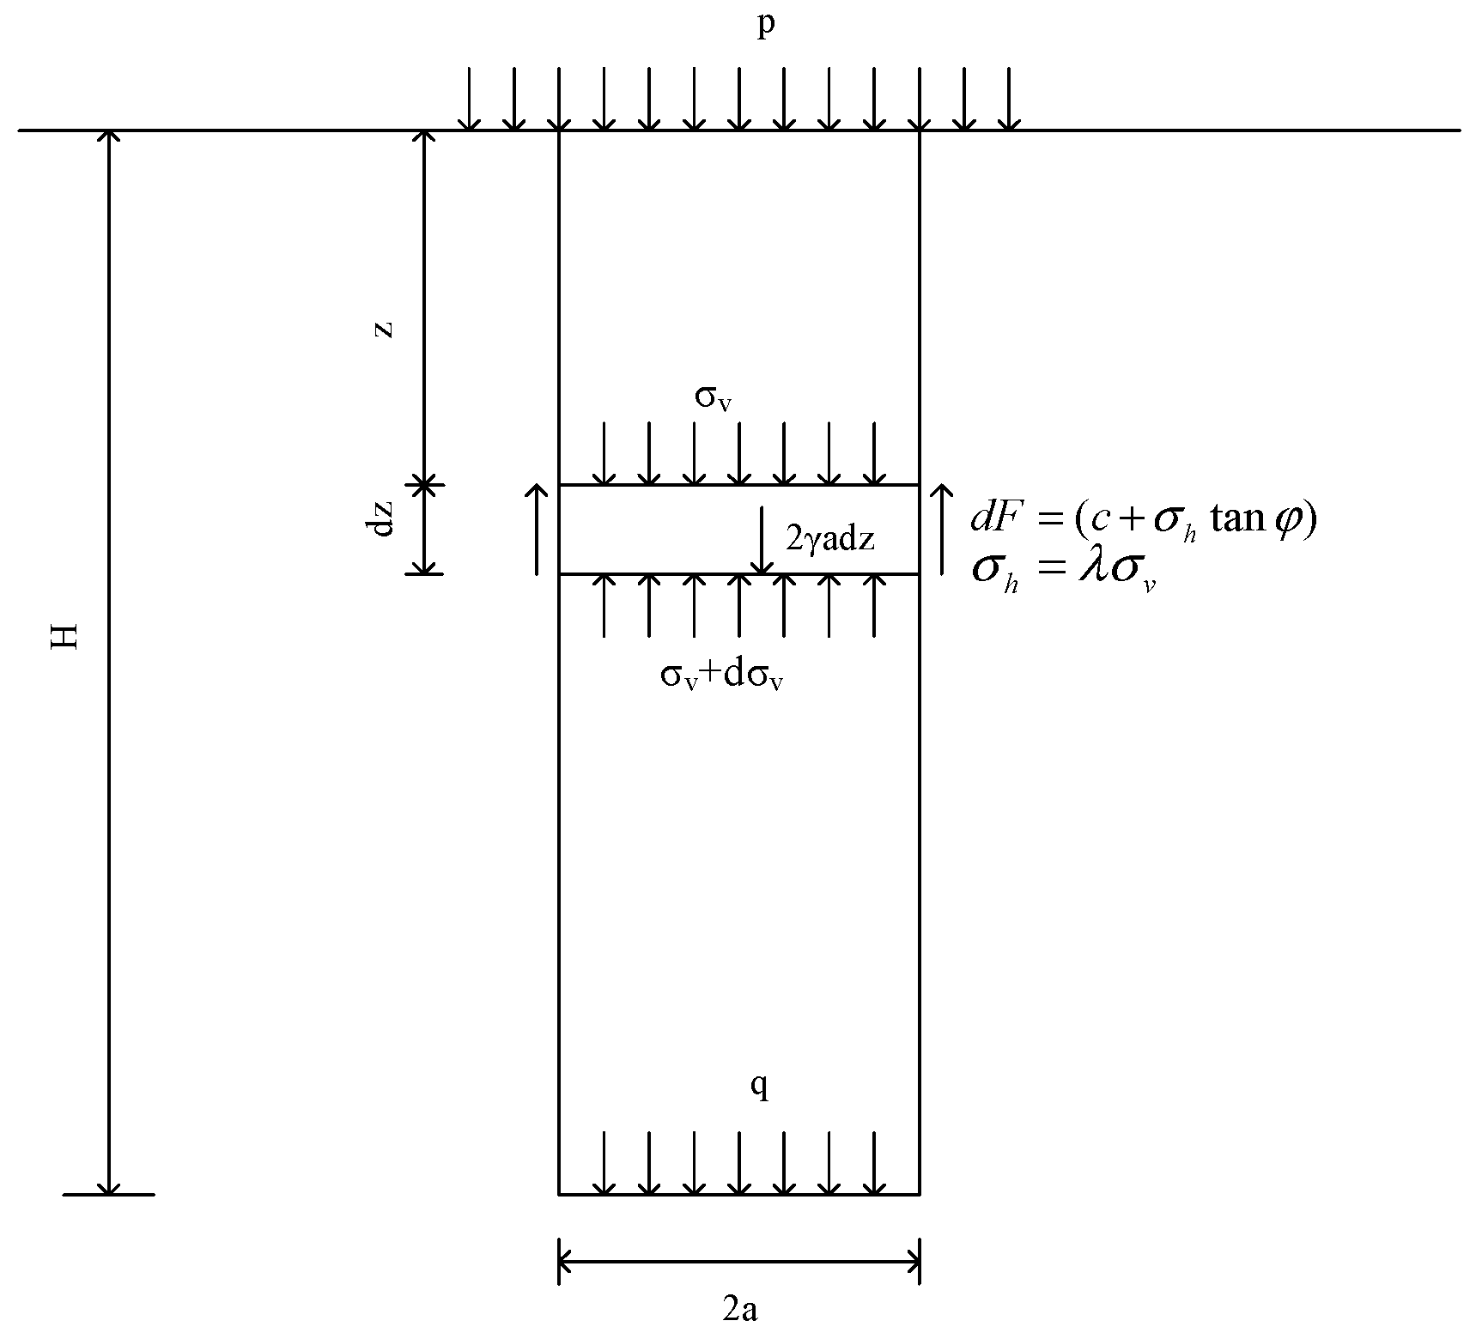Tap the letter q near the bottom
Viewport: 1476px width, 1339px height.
pos(760,1087)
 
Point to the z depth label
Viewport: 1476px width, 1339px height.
pos(386,328)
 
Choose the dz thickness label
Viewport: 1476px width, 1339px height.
pos(384,518)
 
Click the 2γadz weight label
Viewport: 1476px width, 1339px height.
pos(829,540)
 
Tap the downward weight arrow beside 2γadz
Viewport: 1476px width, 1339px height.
pos(762,541)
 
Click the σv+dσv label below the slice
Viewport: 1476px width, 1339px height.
pos(721,676)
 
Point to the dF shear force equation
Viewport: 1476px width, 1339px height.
pos(1143,519)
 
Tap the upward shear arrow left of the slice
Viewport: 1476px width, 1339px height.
pos(537,529)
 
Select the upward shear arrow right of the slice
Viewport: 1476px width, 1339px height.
pos(942,529)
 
